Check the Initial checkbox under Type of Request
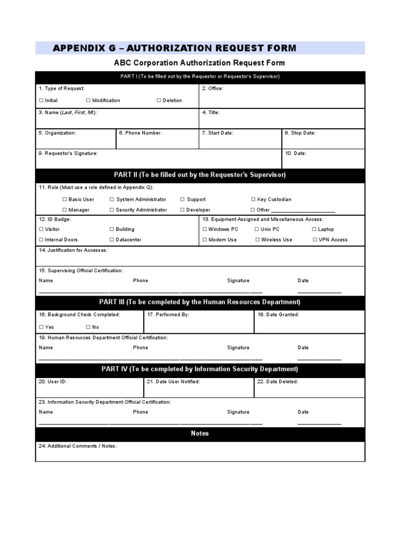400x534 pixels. (41, 101)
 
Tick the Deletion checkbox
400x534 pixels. (159, 101)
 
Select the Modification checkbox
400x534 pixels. (89, 101)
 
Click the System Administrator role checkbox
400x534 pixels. (112, 200)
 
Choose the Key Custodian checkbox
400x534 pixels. (253, 200)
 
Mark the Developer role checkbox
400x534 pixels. (182, 210)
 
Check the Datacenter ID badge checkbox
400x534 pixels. (112, 240)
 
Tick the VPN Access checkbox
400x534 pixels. (315, 240)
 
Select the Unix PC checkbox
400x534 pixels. (257, 229)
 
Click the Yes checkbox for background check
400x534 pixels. (41, 327)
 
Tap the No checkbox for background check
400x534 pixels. (89, 327)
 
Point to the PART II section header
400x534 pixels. (200, 175)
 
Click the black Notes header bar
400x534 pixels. (200, 433)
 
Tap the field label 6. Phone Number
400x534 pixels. (140, 133)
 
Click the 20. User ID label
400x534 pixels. (53, 382)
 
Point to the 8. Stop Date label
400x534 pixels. (300, 133)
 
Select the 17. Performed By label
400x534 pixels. (168, 315)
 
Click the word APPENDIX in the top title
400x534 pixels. (78, 48)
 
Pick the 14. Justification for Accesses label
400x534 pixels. (73, 250)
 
